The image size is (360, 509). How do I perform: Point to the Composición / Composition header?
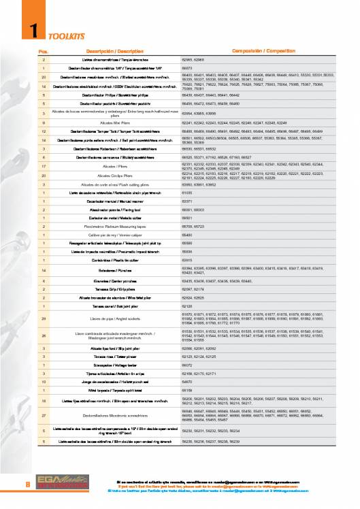pos(258,51)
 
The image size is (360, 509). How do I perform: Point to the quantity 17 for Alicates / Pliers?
pos(43,165)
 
